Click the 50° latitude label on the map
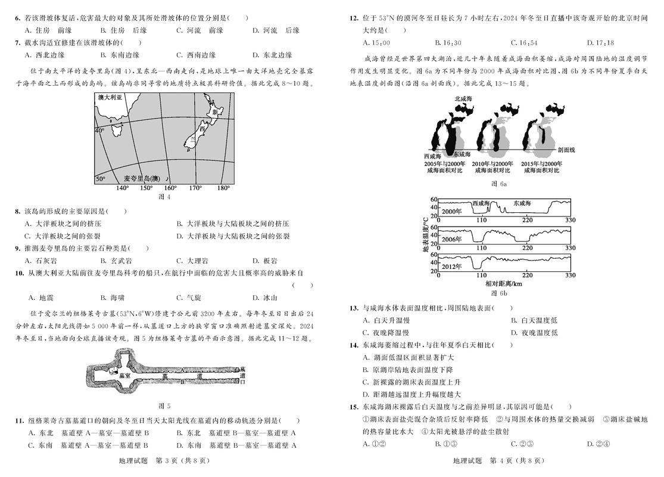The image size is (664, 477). coord(100,178)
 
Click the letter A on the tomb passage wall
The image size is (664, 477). coord(181,370)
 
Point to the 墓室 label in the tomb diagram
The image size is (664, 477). coord(125,376)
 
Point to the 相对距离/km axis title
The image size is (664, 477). coord(504,284)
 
